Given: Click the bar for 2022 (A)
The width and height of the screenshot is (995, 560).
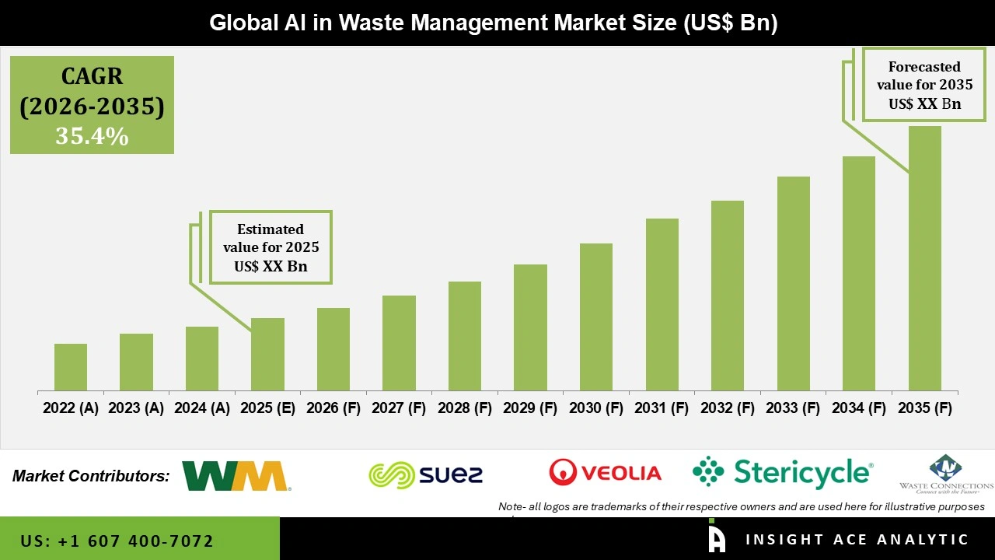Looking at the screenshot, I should coord(71,367).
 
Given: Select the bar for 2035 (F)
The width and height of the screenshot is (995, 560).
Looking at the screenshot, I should coord(924,258).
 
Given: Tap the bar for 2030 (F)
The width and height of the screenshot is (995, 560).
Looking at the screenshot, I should coord(596,317).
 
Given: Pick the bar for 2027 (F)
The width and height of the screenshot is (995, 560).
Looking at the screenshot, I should coord(399,343).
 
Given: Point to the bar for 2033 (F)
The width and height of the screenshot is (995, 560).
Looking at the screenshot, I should coord(793,284).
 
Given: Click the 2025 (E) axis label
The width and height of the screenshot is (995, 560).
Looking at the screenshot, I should coord(267,408).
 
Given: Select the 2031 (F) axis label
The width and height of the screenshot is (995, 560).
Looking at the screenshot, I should coord(662,408).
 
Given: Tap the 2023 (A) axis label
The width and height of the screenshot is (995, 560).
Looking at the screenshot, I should coord(136,408).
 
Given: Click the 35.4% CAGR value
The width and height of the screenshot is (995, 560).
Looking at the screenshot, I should coord(92,137).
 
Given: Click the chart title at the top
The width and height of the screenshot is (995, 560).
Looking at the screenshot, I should coord(494,23).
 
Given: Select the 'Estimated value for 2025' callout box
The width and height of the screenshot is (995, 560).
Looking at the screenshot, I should coord(271,247).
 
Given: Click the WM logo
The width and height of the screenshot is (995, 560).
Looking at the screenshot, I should coord(236,476).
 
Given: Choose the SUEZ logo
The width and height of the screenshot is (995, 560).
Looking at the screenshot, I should coord(426,474).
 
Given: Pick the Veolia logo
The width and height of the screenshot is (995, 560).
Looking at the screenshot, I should coord(605,472).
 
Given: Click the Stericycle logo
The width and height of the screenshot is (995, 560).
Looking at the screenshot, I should coord(783,472).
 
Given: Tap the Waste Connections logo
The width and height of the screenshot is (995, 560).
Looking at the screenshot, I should coord(945,474).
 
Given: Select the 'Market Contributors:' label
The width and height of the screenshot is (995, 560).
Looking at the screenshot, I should coord(91,476).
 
